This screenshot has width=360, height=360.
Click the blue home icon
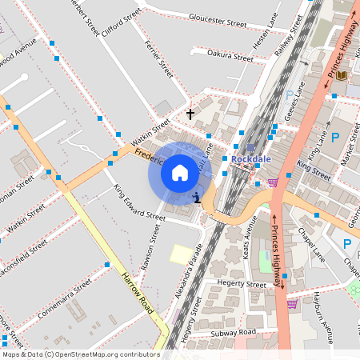click(x=179, y=172)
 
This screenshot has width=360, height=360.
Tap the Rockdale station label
click(x=252, y=158)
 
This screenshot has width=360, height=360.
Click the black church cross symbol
click(x=190, y=114)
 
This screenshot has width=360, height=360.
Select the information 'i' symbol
click(x=197, y=197)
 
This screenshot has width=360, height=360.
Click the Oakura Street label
click(x=230, y=55)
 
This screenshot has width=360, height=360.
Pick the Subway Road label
click(x=233, y=332)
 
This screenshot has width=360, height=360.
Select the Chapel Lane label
click(x=310, y=244)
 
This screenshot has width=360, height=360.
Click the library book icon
click(x=342, y=75)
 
